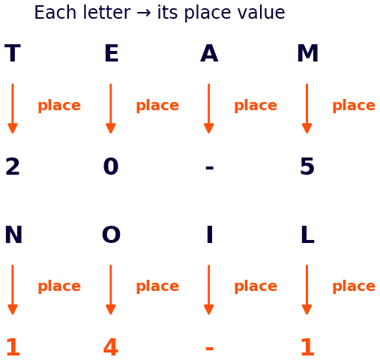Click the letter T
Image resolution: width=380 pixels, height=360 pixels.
(13, 53)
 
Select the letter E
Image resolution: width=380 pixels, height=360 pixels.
(112, 53)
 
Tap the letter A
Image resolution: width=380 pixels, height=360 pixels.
(209, 53)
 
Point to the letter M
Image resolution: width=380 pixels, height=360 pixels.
(307, 53)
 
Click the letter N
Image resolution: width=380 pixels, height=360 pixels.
(13, 234)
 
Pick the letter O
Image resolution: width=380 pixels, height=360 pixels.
(111, 234)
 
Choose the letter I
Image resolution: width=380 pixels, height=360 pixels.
(210, 234)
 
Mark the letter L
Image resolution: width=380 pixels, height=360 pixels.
(307, 234)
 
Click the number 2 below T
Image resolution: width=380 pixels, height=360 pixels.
(13, 166)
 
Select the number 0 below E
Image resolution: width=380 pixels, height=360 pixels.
(111, 166)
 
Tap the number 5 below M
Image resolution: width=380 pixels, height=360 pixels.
(307, 166)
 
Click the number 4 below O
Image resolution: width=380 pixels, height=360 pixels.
(111, 347)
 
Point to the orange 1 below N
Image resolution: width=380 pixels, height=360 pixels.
(13, 347)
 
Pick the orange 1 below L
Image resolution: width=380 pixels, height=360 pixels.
(307, 347)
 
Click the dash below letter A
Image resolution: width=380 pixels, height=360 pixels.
(209, 168)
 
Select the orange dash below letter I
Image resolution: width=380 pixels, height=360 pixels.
(209, 349)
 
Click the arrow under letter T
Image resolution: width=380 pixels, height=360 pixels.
(13, 109)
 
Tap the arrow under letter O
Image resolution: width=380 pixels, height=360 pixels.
(111, 289)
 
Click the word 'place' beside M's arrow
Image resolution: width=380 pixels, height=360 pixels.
(354, 106)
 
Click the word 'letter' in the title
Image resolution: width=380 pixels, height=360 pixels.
(107, 12)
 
